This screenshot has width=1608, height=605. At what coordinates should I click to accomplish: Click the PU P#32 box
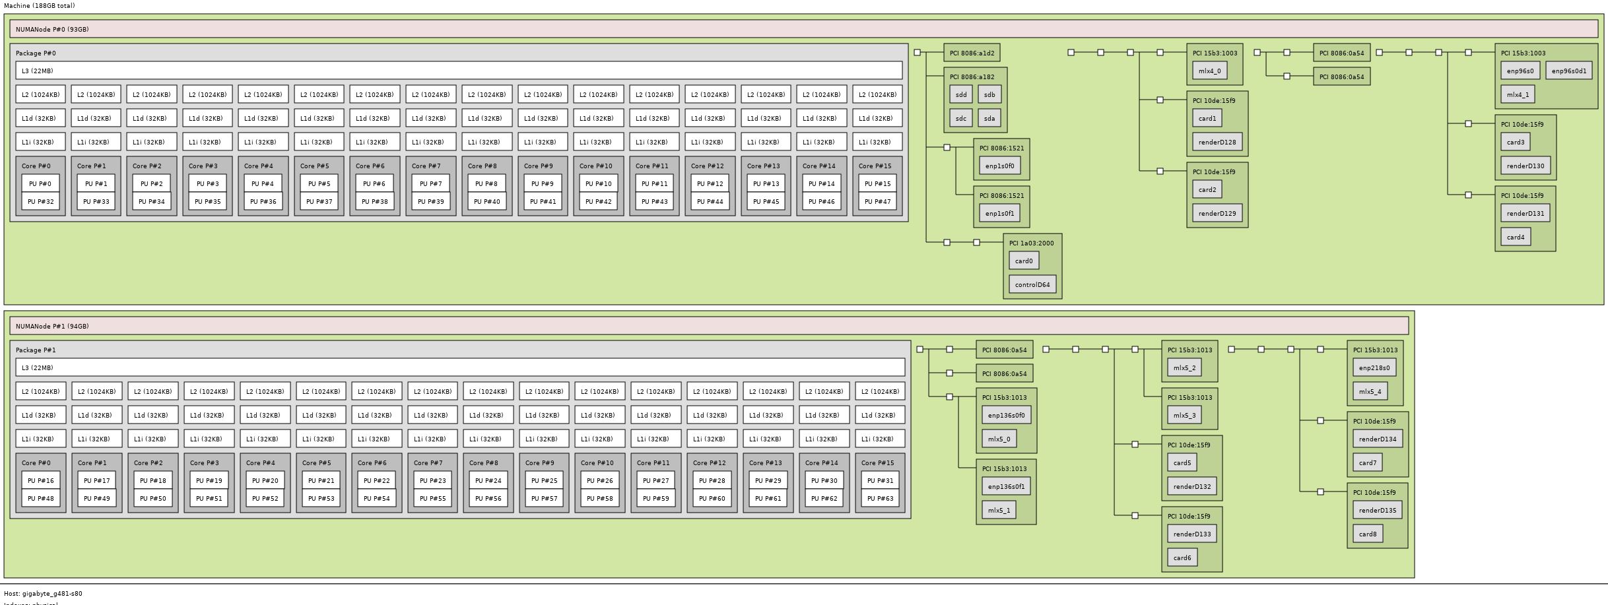(40, 202)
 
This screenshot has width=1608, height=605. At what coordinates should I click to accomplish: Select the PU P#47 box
(877, 202)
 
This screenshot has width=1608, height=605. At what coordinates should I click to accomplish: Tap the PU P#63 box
(880, 499)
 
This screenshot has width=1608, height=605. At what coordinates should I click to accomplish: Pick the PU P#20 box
(265, 481)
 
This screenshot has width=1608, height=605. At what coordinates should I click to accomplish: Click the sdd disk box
(961, 95)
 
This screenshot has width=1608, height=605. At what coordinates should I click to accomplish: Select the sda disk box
(989, 119)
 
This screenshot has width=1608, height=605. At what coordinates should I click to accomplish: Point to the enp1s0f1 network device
(999, 214)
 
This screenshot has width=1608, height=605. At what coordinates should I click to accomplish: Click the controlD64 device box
(1032, 285)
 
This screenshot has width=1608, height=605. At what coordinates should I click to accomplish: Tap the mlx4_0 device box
(1209, 71)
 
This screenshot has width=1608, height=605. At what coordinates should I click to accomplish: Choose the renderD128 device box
(1217, 143)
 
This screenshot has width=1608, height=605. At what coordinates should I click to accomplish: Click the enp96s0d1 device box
(1568, 71)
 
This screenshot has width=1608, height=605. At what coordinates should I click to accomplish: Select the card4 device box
(1516, 238)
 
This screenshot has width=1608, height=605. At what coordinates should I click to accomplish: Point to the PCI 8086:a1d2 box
(972, 53)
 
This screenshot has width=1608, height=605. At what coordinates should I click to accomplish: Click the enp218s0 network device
(1374, 368)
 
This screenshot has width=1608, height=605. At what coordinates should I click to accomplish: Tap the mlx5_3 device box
(1184, 416)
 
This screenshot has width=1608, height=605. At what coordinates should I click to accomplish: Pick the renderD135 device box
(1377, 511)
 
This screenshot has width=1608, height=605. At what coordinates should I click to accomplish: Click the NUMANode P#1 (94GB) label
(52, 327)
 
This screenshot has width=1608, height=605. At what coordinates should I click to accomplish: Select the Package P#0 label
(36, 53)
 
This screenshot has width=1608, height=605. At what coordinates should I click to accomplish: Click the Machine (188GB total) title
(40, 6)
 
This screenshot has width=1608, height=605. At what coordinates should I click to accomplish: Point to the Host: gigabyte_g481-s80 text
(44, 594)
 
